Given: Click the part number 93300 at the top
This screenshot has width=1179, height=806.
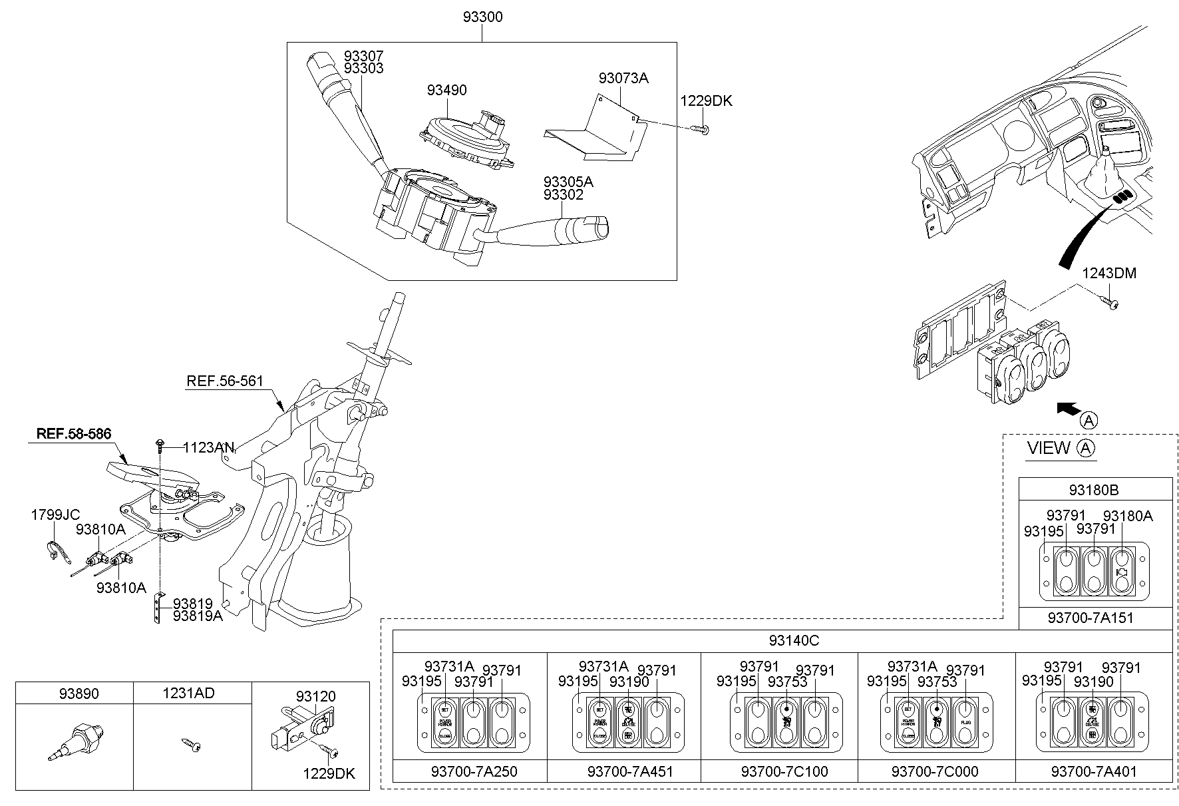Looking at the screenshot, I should click(x=482, y=17).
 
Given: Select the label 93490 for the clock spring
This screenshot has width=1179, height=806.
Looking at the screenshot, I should click(x=446, y=90).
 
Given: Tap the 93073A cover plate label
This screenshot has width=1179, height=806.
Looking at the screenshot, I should click(x=623, y=78).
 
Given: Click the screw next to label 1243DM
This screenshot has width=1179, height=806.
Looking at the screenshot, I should click(x=1111, y=302).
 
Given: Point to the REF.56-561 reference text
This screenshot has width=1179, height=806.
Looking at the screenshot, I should click(x=225, y=381).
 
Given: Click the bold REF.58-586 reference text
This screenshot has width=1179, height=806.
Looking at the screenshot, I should click(x=73, y=433).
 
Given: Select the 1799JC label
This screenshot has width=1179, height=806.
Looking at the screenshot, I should click(x=55, y=514).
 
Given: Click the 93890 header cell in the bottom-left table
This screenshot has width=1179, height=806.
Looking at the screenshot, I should click(x=74, y=694).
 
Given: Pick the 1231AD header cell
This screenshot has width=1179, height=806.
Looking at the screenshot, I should click(x=188, y=694).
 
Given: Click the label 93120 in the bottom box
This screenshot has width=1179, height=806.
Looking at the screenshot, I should click(x=316, y=696).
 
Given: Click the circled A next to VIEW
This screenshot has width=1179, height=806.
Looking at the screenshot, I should click(x=1086, y=449).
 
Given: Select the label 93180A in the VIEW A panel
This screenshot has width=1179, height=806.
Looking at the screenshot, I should click(x=1128, y=516).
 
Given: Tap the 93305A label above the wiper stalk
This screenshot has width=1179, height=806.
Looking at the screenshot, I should click(x=568, y=182).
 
